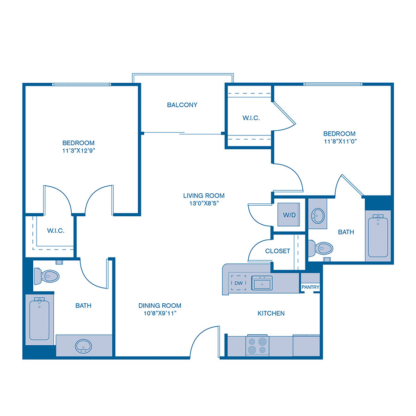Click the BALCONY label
tap(182, 105)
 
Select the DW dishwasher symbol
tap(239, 283)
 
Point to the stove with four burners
tap(258, 345)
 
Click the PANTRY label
tap(311, 287)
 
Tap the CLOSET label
tap(278, 251)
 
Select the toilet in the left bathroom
tap(47, 276)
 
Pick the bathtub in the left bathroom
tap(39, 318)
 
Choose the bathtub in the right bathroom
tap(378, 236)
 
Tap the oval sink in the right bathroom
tap(318, 215)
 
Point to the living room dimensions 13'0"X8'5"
tap(204, 203)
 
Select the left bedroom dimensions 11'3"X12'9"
tap(79, 151)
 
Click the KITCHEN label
tap(271, 313)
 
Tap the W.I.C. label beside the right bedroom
tap(251, 118)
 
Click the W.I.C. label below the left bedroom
tap(55, 231)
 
